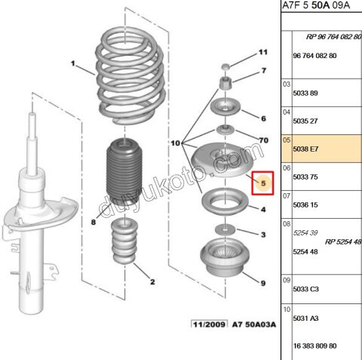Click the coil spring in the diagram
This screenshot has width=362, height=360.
click(130, 75)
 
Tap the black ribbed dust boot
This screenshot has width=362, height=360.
click(124, 171)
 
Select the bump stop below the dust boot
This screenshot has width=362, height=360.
click(124, 241)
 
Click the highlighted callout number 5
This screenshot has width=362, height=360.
click(263, 183)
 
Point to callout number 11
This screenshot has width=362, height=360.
click(263, 52)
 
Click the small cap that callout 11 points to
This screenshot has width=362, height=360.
click(225, 66)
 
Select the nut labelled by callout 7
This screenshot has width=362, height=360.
click(225, 84)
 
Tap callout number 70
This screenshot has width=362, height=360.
click(264, 140)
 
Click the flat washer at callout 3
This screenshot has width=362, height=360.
click(225, 229)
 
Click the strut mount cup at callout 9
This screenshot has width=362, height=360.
click(225, 257)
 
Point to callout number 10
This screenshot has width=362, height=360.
click(176, 143)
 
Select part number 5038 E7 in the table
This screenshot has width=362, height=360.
click(305, 149)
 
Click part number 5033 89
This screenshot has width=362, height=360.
click(305, 93)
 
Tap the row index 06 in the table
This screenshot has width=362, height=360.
click(287, 168)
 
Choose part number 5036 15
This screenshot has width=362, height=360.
click(305, 205)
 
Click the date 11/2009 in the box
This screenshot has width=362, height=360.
click(209, 325)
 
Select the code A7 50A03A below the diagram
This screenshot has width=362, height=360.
click(254, 325)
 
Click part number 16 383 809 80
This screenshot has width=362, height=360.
click(314, 346)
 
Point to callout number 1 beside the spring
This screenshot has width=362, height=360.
click(73, 63)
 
